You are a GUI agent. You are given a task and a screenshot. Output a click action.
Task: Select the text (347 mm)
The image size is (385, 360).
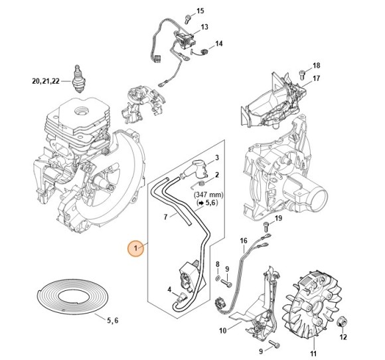tap(208, 197)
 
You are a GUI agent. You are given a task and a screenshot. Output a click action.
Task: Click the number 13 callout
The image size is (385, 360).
tap(204, 27)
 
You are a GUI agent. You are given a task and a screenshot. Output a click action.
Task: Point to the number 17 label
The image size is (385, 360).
tap(317, 78)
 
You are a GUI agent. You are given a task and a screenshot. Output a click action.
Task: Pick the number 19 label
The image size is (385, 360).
tap(279, 219)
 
